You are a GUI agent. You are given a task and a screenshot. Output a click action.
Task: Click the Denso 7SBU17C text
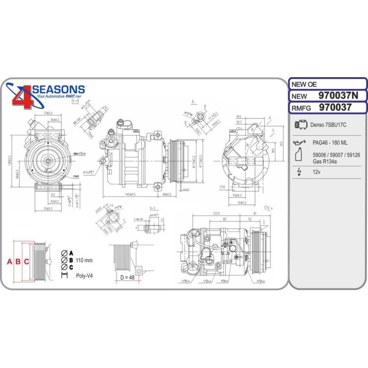[329, 125]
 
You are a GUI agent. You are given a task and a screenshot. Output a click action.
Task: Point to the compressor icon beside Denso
[301, 124]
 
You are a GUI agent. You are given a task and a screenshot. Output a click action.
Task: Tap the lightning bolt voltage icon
[299, 172]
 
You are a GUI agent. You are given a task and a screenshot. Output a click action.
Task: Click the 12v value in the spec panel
[317, 172]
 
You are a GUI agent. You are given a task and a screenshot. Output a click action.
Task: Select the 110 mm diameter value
[84, 261]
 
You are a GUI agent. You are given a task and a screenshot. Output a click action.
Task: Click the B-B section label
[75, 102]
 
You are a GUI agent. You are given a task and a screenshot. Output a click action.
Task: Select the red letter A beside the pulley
[9, 262]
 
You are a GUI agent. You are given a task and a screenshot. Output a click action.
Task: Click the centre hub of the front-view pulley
[47, 161]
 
